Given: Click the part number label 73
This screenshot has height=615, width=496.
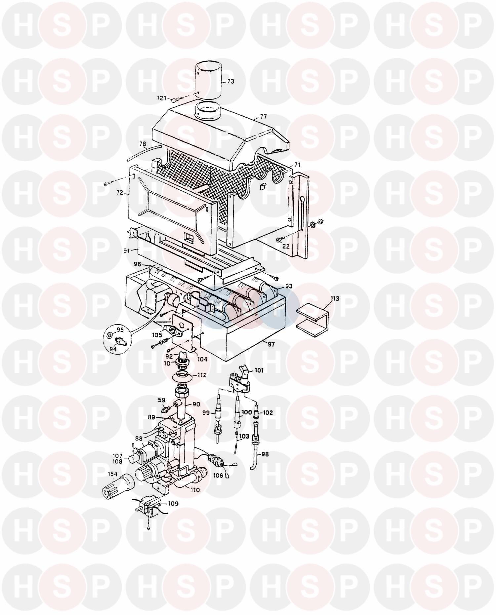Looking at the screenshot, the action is (230, 81).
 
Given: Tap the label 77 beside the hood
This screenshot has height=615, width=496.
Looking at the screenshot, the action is (263, 117).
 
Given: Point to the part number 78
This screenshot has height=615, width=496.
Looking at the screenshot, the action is (143, 144).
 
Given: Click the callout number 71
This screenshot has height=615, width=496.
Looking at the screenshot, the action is (297, 164).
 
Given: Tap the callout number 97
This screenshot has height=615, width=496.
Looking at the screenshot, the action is (271, 344).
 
